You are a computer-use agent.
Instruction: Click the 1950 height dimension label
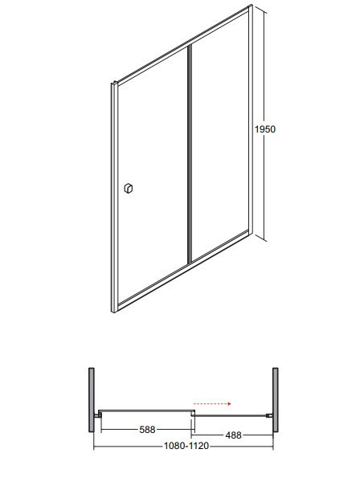[x=265, y=129]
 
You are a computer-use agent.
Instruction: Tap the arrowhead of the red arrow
[x=229, y=404]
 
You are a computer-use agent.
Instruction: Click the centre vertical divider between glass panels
[x=190, y=153]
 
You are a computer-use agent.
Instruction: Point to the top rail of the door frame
[x=181, y=44]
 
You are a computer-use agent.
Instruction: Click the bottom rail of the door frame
[x=181, y=269]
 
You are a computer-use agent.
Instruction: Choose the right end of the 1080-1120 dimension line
[x=276, y=446]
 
